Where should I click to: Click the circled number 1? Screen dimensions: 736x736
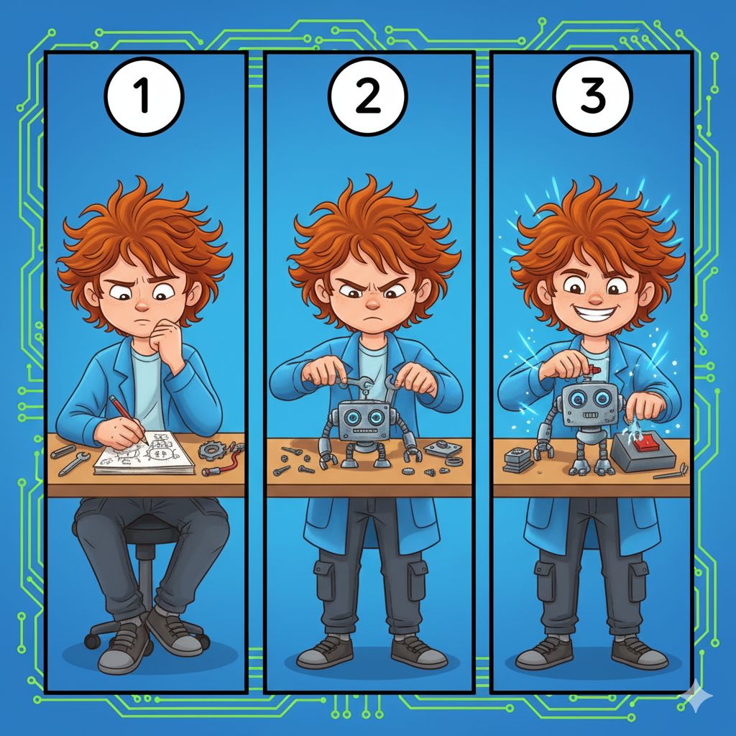(x=144, y=97)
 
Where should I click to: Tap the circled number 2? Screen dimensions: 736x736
(x=367, y=97)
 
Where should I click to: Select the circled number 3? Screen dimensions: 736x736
(x=592, y=97)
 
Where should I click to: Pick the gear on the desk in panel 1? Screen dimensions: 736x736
(x=211, y=450)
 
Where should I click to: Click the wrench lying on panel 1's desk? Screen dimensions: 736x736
(x=74, y=464)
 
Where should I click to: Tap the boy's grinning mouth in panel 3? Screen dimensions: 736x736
(x=594, y=312)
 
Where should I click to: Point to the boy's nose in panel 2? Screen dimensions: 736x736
(x=372, y=305)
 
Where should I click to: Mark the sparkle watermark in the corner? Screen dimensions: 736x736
(x=697, y=697)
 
